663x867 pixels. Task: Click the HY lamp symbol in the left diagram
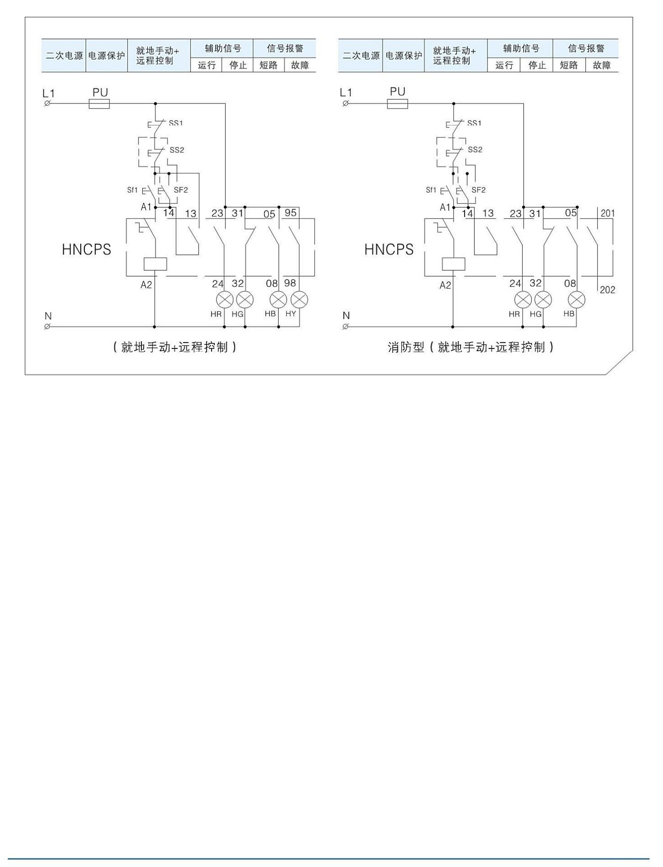300,300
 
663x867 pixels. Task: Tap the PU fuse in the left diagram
99,104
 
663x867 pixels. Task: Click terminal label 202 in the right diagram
607,290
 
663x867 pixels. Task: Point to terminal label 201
607,213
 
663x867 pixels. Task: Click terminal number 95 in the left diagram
290,213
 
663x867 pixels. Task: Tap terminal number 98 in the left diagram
290,283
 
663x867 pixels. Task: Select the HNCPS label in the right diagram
389,249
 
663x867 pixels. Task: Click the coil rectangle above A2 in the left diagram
155,264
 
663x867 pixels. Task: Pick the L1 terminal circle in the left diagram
47,104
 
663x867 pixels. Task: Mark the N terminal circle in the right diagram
346,327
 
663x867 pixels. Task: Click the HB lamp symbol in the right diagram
576,300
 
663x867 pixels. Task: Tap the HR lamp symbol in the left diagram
225,300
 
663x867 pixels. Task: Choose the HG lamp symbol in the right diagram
543,300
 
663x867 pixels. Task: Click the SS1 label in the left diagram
176,123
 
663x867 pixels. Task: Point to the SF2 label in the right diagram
478,190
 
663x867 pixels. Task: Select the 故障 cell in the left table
300,65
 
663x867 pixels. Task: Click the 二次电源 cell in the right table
361,56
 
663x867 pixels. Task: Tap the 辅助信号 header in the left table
222,48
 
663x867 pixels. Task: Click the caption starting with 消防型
471,348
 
